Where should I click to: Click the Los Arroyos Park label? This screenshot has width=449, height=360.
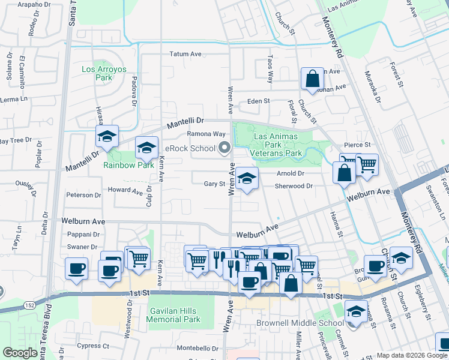(x=104, y=73)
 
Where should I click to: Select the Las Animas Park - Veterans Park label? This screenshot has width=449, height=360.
(x=277, y=145)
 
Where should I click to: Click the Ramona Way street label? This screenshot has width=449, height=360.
(x=206, y=134)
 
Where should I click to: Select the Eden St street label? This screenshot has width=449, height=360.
(x=259, y=101)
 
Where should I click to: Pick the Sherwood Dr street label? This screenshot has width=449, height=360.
(x=294, y=186)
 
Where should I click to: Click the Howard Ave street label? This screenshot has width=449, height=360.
(x=125, y=191)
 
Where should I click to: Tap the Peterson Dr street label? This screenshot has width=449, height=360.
(x=83, y=195)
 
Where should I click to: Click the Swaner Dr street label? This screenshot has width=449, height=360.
(x=82, y=247)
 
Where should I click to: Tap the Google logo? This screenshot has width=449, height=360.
(x=20, y=353)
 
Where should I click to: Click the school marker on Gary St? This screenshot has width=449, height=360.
(x=246, y=178)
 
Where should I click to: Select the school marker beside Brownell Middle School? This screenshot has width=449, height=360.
(x=356, y=311)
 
